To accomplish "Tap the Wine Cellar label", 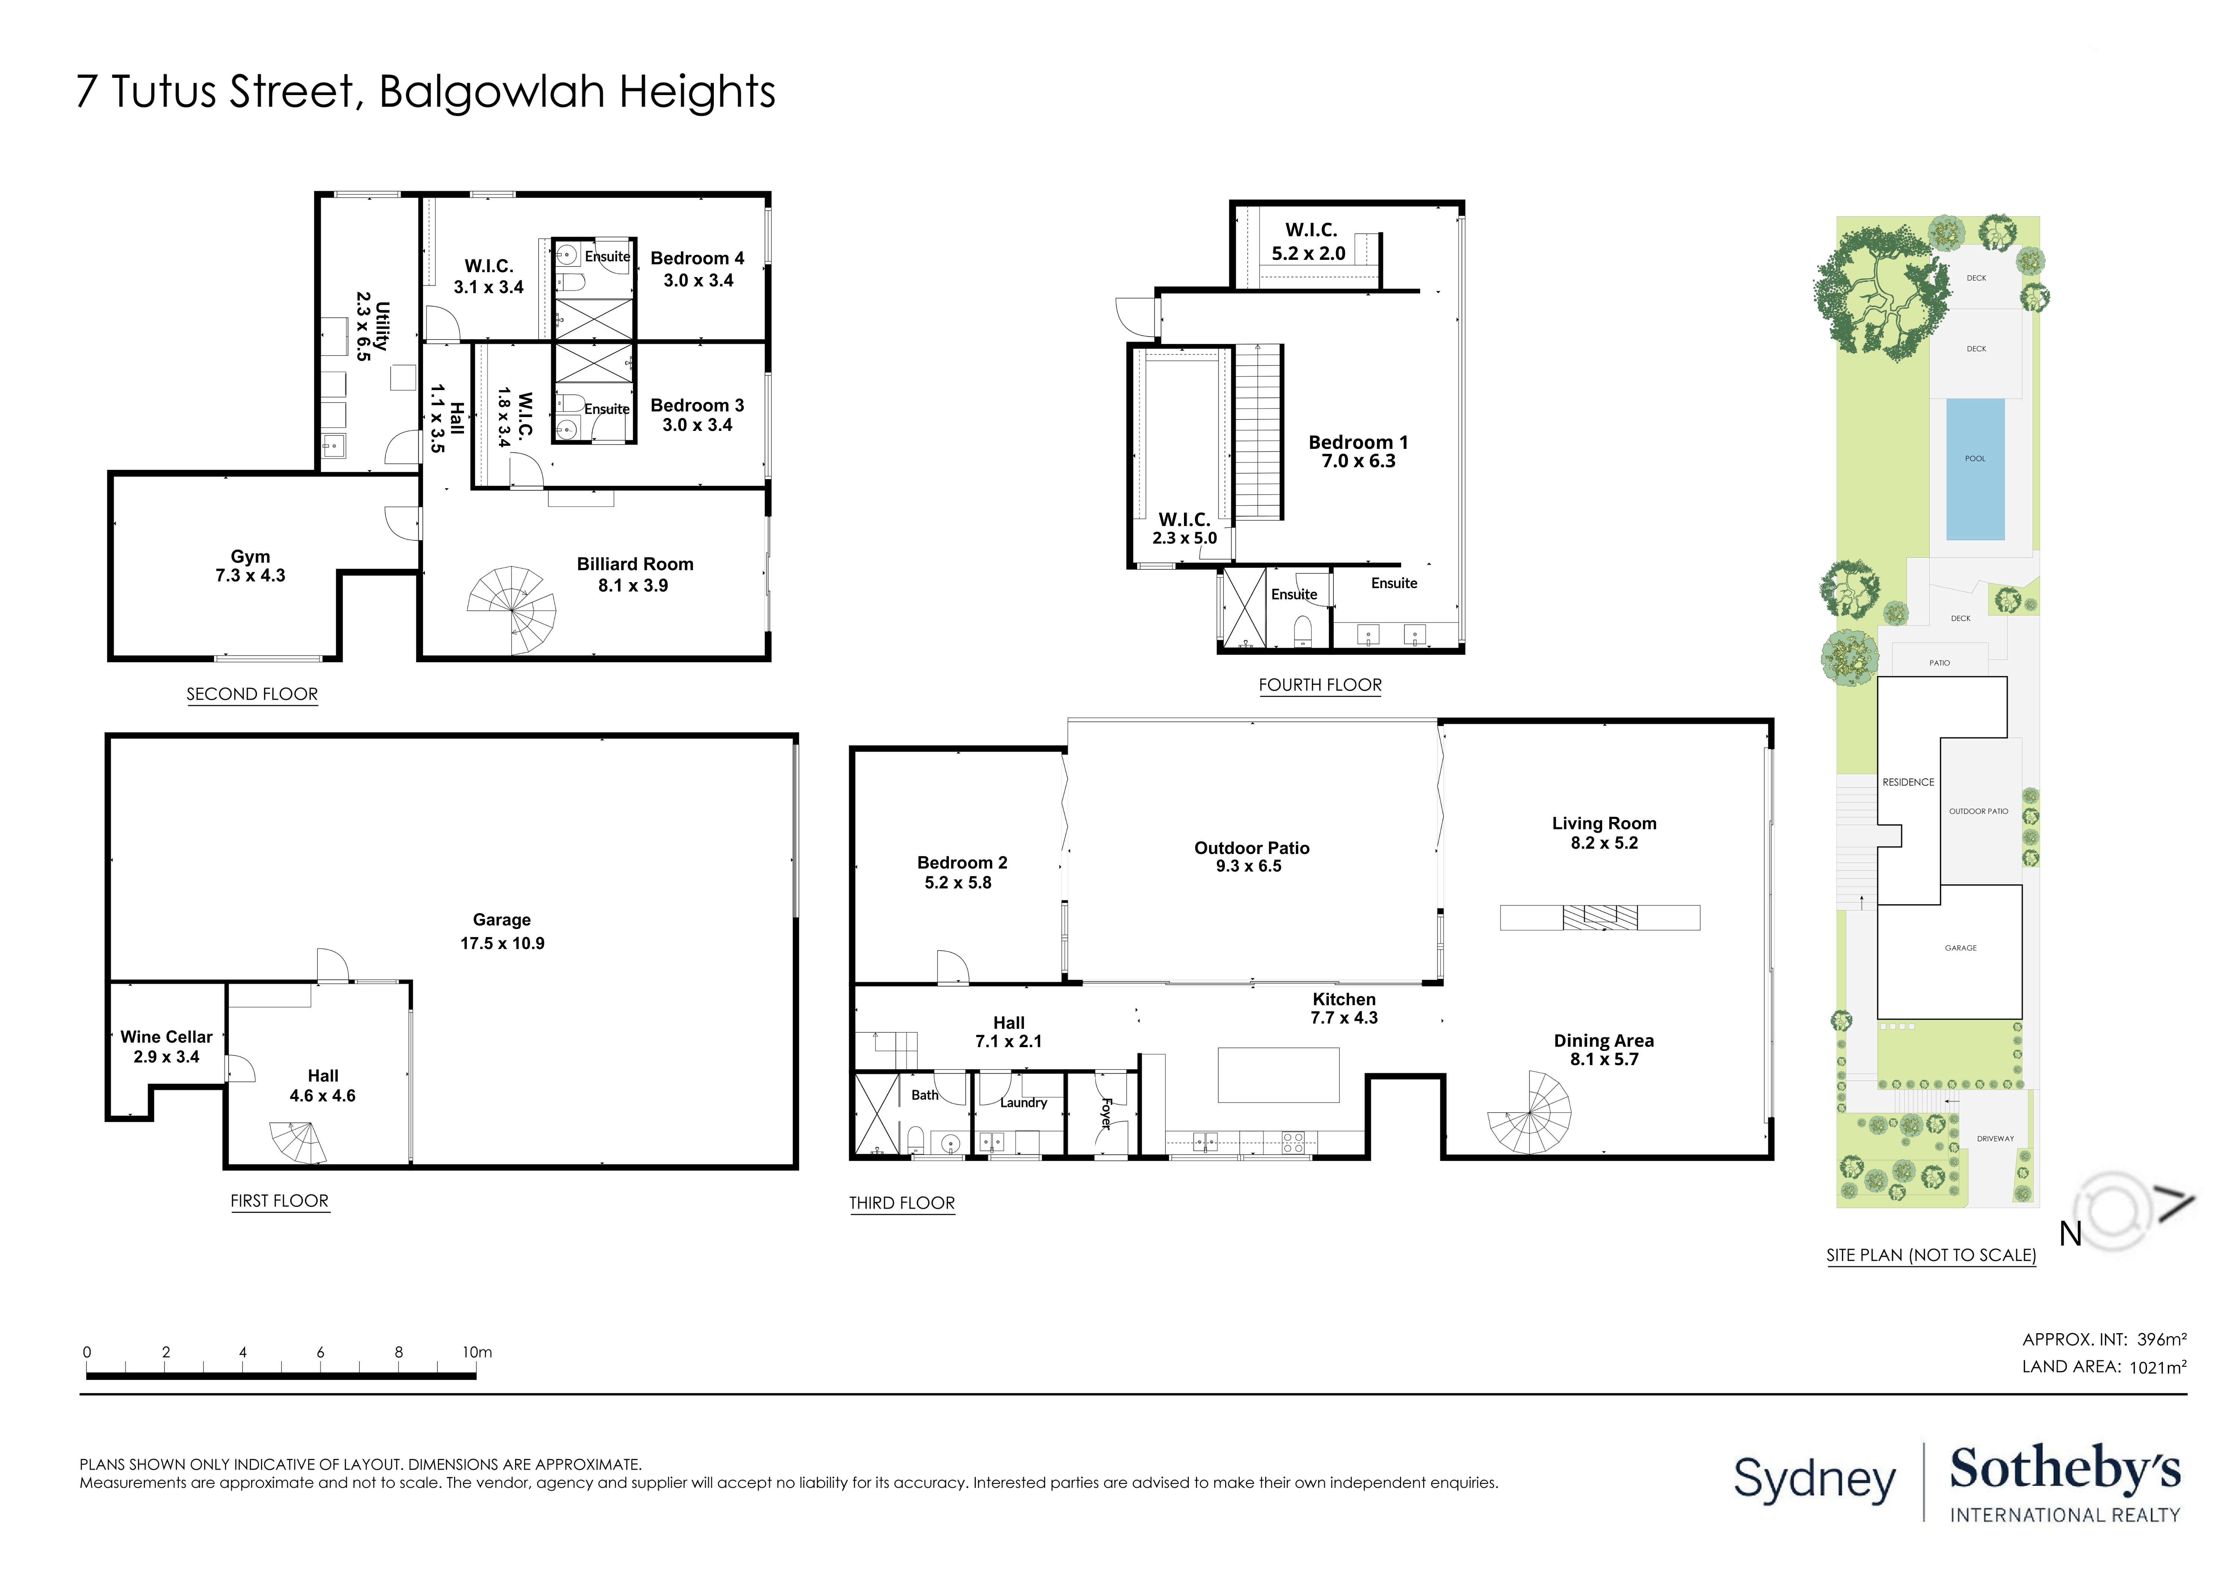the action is click(x=166, y=1036).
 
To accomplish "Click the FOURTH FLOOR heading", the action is click(x=1320, y=685).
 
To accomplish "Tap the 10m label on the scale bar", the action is click(x=477, y=1352).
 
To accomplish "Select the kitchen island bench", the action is click(x=1278, y=1074).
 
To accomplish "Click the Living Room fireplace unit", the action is click(x=1599, y=917).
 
